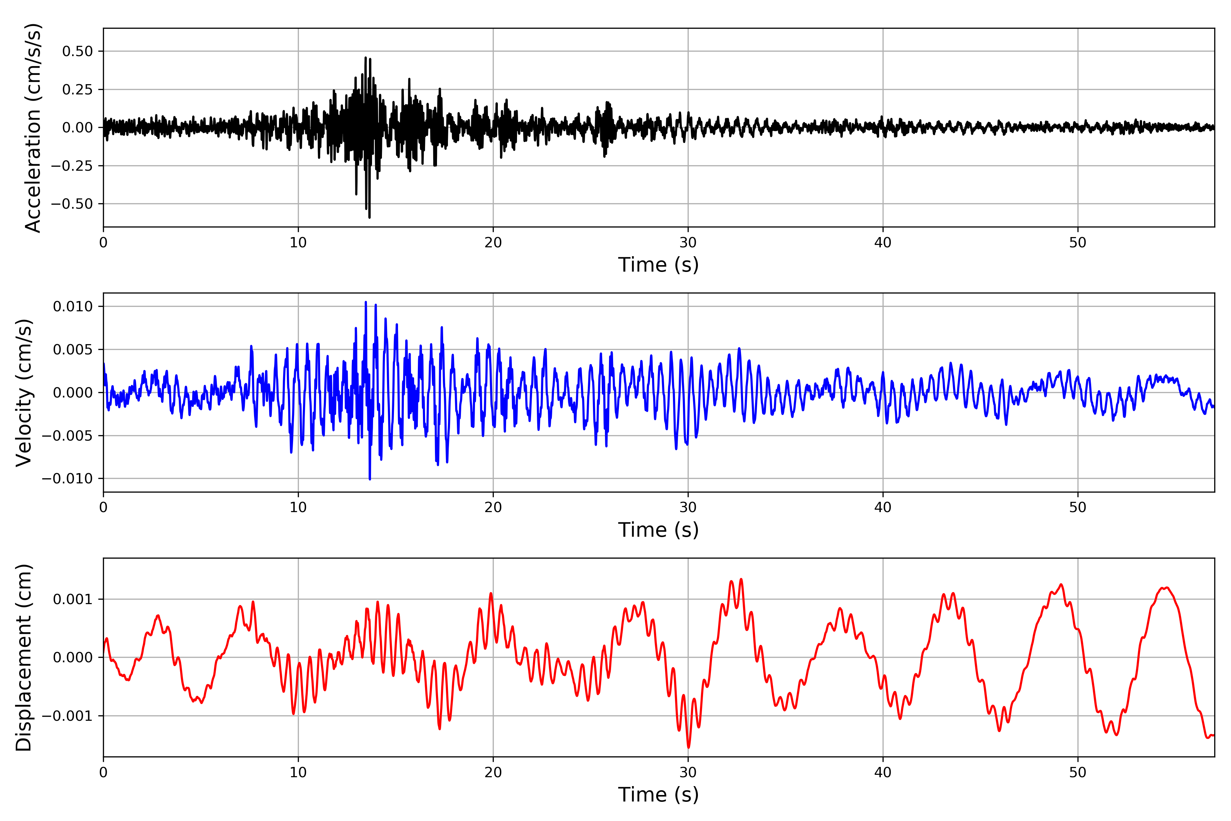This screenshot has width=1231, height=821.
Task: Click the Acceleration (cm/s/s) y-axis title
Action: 32,128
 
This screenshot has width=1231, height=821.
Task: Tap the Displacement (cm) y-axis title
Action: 24,657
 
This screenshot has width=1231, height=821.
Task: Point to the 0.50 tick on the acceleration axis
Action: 78,51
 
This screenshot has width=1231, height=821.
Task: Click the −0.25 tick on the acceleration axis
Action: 72,166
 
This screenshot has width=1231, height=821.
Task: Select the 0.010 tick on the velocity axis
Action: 73,306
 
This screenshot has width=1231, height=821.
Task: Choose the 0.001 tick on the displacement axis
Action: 73,599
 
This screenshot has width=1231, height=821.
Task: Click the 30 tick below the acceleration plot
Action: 688,243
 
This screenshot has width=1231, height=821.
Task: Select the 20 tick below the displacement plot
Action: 493,772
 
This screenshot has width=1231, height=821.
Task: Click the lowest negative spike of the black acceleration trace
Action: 370,217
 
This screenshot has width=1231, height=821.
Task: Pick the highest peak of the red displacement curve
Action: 741,579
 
